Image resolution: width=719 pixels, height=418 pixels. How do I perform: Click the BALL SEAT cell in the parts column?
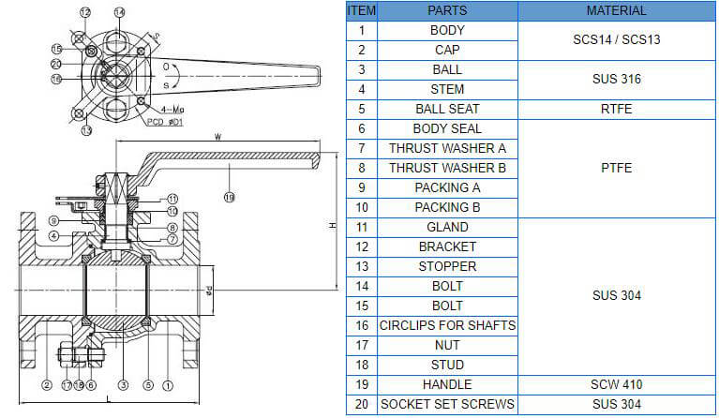point(447,109)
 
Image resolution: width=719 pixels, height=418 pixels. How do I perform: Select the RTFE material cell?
point(617,109)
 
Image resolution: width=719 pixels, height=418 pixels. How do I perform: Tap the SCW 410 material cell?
point(617,384)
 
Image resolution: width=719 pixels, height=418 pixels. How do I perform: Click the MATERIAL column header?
point(617,10)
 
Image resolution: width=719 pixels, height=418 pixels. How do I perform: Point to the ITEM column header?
point(361,10)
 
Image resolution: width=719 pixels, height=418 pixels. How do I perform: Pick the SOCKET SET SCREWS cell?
point(447,404)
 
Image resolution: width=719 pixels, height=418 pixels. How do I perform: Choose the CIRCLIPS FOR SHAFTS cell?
point(447,325)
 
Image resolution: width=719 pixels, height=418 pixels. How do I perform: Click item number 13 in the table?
point(361,266)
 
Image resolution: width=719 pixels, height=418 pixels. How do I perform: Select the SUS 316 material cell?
point(617,80)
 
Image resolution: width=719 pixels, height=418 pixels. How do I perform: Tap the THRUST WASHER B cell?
point(447,168)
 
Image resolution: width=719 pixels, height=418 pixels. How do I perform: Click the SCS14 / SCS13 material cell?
point(617,40)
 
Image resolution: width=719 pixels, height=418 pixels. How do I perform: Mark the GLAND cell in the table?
point(447,227)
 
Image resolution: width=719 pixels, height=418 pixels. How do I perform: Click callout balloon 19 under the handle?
point(229,197)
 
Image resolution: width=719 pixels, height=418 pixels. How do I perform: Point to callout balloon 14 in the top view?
point(119,12)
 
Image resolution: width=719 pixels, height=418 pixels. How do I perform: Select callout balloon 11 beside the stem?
point(172,199)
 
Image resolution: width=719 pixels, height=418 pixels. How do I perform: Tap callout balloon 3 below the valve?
point(123,385)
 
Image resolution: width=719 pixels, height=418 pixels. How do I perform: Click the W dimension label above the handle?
point(218,137)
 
